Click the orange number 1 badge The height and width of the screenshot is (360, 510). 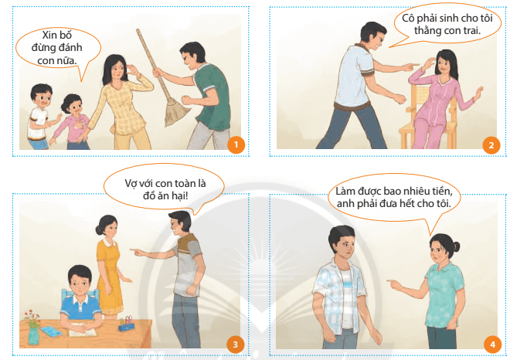coord(236,144)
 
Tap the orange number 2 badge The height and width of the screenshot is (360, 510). coord(491,145)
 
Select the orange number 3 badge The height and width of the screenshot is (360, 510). coord(235,344)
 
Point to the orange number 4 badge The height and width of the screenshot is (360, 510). coord(492,344)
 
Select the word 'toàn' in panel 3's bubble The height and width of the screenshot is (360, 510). coord(185,183)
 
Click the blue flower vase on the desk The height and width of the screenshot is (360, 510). coord(33,336)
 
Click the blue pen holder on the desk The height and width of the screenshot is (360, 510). coord(127,325)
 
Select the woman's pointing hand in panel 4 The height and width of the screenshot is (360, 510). coord(393,284)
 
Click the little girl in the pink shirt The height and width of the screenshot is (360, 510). coord(72,122)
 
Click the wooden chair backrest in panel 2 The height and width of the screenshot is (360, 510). coord(423,97)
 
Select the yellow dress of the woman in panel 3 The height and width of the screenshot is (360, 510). coord(109,277)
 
